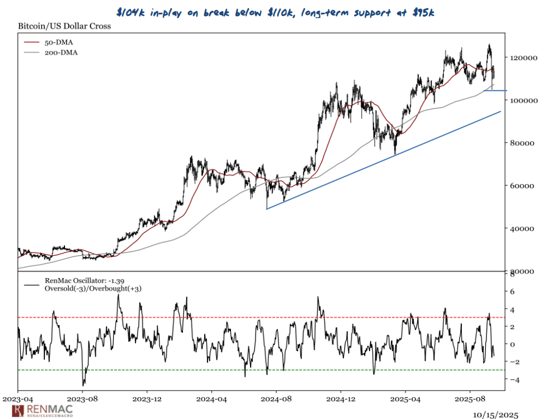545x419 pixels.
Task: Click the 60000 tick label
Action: [522, 186]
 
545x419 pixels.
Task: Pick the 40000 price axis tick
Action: [522, 229]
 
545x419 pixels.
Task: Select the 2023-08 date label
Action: [83, 398]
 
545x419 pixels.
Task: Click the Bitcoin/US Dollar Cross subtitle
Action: [65, 26]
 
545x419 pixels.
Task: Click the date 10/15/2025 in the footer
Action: [495, 414]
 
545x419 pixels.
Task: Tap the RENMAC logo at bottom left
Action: [42, 410]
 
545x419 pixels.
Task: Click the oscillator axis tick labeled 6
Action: [511, 292]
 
